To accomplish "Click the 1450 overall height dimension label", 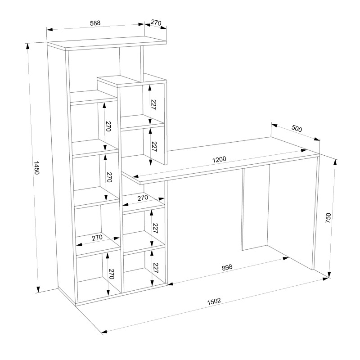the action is click(37, 168).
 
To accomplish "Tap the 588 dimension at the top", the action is click(95, 23).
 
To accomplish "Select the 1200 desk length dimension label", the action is click(219, 159).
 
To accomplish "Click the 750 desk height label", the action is click(328, 218).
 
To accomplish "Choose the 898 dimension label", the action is click(227, 267).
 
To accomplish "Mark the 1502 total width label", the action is click(214, 301).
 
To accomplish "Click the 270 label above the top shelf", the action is click(156, 22).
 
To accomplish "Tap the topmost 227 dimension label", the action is click(153, 105).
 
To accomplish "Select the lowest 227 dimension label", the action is click(155, 268).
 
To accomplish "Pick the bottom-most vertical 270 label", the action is click(111, 274).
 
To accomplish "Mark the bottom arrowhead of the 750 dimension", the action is click(329, 275).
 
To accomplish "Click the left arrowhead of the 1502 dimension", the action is click(104, 332).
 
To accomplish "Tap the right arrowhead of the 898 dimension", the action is click(286, 258).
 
